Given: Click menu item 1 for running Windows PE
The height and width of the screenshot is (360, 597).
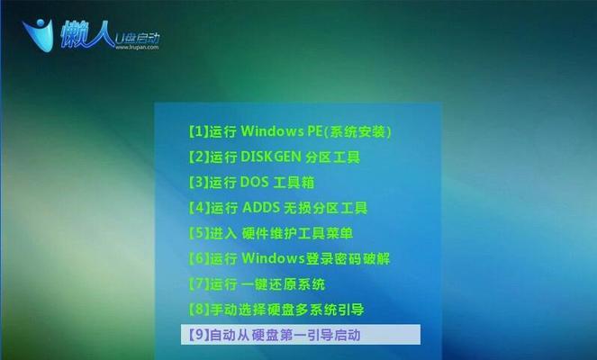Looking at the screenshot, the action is pyautogui.click(x=290, y=131).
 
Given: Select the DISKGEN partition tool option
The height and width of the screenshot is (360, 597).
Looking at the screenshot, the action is pyautogui.click(x=274, y=157).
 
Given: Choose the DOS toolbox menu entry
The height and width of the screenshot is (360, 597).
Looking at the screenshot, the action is pyautogui.click(x=251, y=183).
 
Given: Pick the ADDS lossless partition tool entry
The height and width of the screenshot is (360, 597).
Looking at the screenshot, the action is pyautogui.click(x=278, y=208).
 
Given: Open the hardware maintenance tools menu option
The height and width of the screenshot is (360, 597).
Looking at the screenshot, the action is pyautogui.click(x=271, y=233).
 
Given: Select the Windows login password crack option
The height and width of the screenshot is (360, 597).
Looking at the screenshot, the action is pyautogui.click(x=289, y=259).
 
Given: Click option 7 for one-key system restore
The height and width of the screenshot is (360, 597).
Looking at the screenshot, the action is pyautogui.click(x=257, y=284).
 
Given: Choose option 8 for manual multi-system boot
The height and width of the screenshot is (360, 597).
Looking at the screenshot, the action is pyautogui.click(x=276, y=310).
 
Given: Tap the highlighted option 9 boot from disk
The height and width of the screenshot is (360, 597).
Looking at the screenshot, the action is pyautogui.click(x=301, y=335).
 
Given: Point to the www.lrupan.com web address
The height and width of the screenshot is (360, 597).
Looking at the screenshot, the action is pyautogui.click(x=137, y=48).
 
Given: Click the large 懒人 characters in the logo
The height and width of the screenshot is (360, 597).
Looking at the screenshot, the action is pyautogui.click(x=86, y=34).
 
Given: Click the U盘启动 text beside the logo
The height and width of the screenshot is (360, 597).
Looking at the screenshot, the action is pyautogui.click(x=137, y=39).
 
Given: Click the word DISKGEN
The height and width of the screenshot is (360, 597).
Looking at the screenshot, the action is pyautogui.click(x=271, y=157).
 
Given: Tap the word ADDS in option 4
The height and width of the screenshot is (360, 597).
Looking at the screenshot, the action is pyautogui.click(x=261, y=208).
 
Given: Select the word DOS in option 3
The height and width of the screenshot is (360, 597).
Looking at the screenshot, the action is pyautogui.click(x=254, y=183).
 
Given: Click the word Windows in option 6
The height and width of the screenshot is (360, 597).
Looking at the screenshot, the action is pyautogui.click(x=273, y=259).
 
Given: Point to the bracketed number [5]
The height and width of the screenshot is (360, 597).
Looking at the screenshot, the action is pyautogui.click(x=199, y=233).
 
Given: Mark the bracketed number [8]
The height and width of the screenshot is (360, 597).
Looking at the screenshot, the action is pyautogui.click(x=199, y=310).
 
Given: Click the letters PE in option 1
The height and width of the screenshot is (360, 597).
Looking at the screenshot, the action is pyautogui.click(x=314, y=131).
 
